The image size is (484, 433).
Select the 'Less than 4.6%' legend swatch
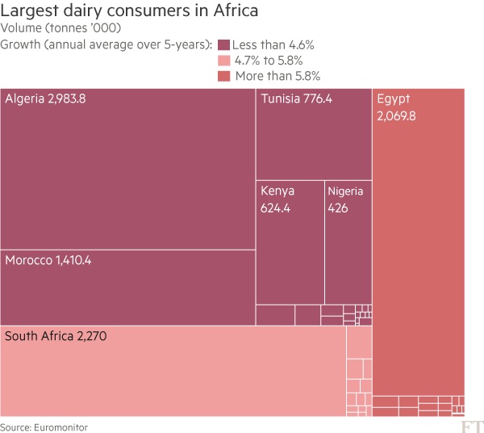[223, 44]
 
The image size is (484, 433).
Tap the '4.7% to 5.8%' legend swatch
[223, 60]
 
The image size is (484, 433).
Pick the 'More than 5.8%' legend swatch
[223, 76]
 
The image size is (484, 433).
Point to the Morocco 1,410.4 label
[48, 260]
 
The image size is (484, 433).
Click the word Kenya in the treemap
[277, 191]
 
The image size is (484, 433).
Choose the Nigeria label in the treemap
[346, 191]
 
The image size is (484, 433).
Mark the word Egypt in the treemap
[394, 99]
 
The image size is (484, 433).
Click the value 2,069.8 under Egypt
[396, 116]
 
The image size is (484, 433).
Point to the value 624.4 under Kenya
[275, 208]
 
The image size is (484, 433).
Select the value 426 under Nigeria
[337, 208]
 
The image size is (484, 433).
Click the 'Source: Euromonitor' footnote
[44, 427]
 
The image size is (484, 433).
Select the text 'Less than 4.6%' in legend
[273, 44]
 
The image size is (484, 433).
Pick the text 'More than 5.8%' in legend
[277, 76]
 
